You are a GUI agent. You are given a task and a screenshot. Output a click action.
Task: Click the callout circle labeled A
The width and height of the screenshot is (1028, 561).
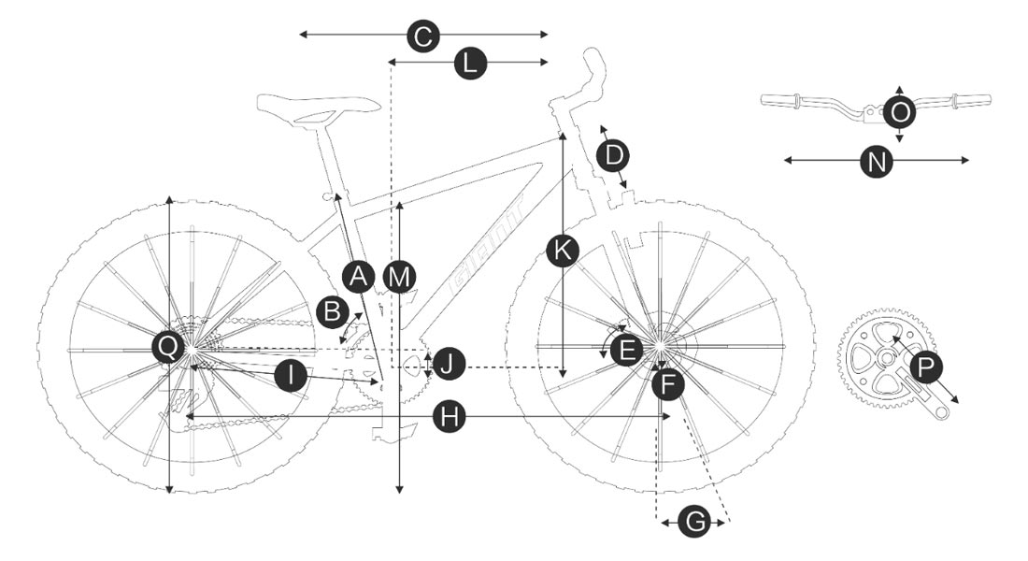358,276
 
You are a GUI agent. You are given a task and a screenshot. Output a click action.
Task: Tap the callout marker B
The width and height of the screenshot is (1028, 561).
332,312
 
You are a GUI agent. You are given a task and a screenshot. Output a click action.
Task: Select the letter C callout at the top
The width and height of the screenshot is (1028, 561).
423,36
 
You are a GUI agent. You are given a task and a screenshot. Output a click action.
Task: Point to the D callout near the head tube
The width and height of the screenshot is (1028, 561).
613,154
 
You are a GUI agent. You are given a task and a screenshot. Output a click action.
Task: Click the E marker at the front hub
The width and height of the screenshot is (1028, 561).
626,351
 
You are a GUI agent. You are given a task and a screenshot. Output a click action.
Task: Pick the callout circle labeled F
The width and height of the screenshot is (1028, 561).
667,383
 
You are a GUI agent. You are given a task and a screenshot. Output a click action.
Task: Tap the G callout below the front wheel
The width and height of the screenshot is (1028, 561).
693,523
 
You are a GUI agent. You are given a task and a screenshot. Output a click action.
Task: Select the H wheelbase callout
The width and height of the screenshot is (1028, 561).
451,417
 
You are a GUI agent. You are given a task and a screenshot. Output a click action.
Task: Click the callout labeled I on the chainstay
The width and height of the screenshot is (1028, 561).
292,377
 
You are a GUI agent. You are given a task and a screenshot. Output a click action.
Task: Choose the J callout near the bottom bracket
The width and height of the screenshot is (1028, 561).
450,364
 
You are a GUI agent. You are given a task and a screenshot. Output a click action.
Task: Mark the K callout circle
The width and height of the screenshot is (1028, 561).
562,251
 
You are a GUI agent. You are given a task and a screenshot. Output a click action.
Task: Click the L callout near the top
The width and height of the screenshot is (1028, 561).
470,64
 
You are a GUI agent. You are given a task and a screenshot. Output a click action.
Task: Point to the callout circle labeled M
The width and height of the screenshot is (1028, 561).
399,277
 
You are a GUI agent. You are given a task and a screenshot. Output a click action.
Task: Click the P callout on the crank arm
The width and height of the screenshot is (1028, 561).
924,368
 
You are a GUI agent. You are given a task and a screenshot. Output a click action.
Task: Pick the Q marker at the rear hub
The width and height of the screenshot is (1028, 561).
168,348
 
